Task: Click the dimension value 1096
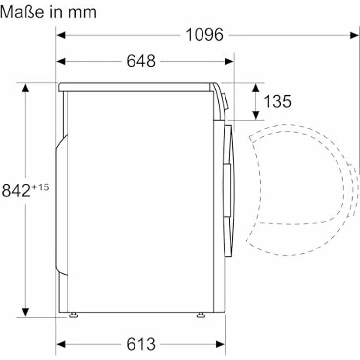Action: tap(204, 35)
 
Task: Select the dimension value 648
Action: tap(140, 61)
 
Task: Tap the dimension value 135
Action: tap(277, 101)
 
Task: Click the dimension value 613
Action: tap(140, 344)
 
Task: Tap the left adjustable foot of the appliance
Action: tap(73, 315)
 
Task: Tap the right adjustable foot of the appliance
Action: tap(201, 315)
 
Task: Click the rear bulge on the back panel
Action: tap(61, 203)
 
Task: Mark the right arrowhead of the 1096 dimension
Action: tap(355, 35)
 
